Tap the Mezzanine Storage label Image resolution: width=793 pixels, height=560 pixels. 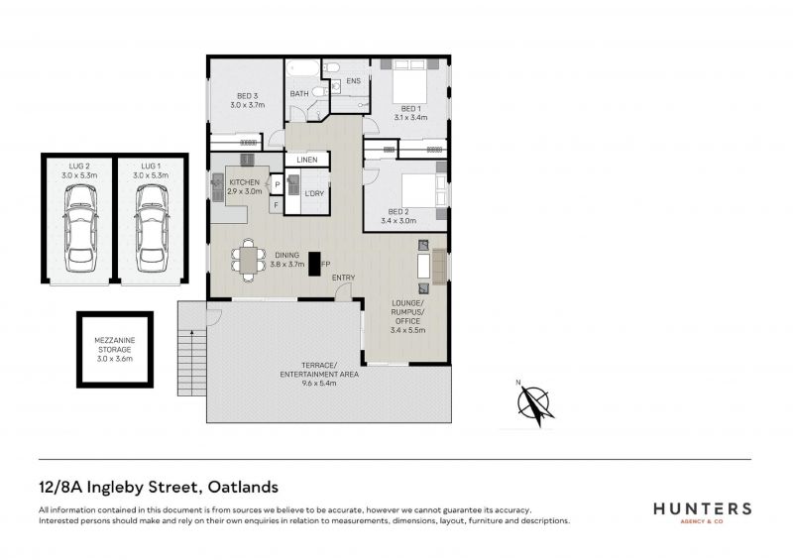(115, 350)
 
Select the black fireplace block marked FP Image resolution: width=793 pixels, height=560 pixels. (314, 264)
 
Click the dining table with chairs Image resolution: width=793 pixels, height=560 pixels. (249, 260)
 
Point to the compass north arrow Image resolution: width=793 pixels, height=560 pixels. (532, 403)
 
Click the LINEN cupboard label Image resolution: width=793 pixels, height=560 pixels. (307, 160)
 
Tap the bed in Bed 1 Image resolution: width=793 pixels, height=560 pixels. (410, 80)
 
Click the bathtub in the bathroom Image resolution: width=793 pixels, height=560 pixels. (303, 68)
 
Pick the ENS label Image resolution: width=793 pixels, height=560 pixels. (354, 81)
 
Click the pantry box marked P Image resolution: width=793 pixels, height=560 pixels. (278, 185)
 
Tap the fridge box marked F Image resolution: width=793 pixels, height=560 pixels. (277, 205)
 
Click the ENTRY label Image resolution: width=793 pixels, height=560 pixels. (343, 278)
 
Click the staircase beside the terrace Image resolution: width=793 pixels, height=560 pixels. (192, 348)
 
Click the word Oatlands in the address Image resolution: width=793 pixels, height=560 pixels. (243, 488)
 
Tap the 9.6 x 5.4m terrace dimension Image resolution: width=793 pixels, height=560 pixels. (319, 384)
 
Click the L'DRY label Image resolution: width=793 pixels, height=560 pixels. (314, 193)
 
